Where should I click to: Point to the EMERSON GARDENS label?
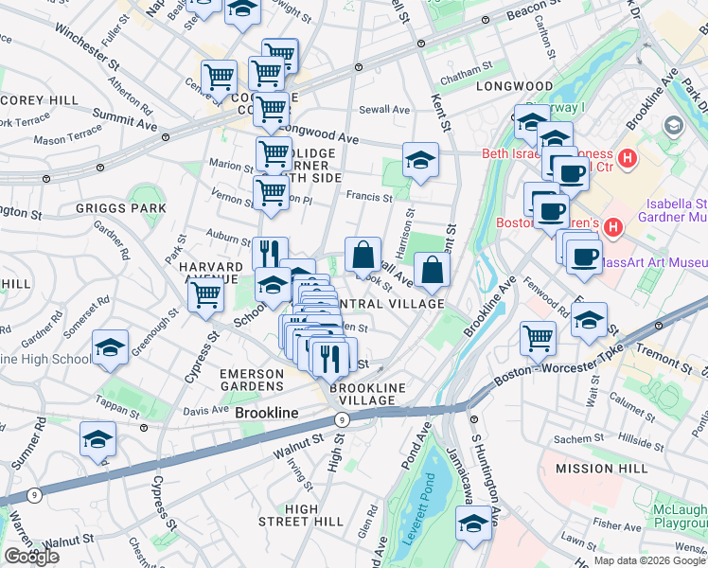click(252, 380)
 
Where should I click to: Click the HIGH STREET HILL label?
click(301, 515)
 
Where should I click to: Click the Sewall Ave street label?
click(386, 110)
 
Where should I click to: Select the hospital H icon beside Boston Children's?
click(612, 226)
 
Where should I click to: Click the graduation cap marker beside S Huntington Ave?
click(473, 524)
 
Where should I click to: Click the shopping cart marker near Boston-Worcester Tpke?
click(538, 336)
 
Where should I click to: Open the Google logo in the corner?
click(31, 557)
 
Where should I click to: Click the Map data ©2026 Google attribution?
click(649, 560)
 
